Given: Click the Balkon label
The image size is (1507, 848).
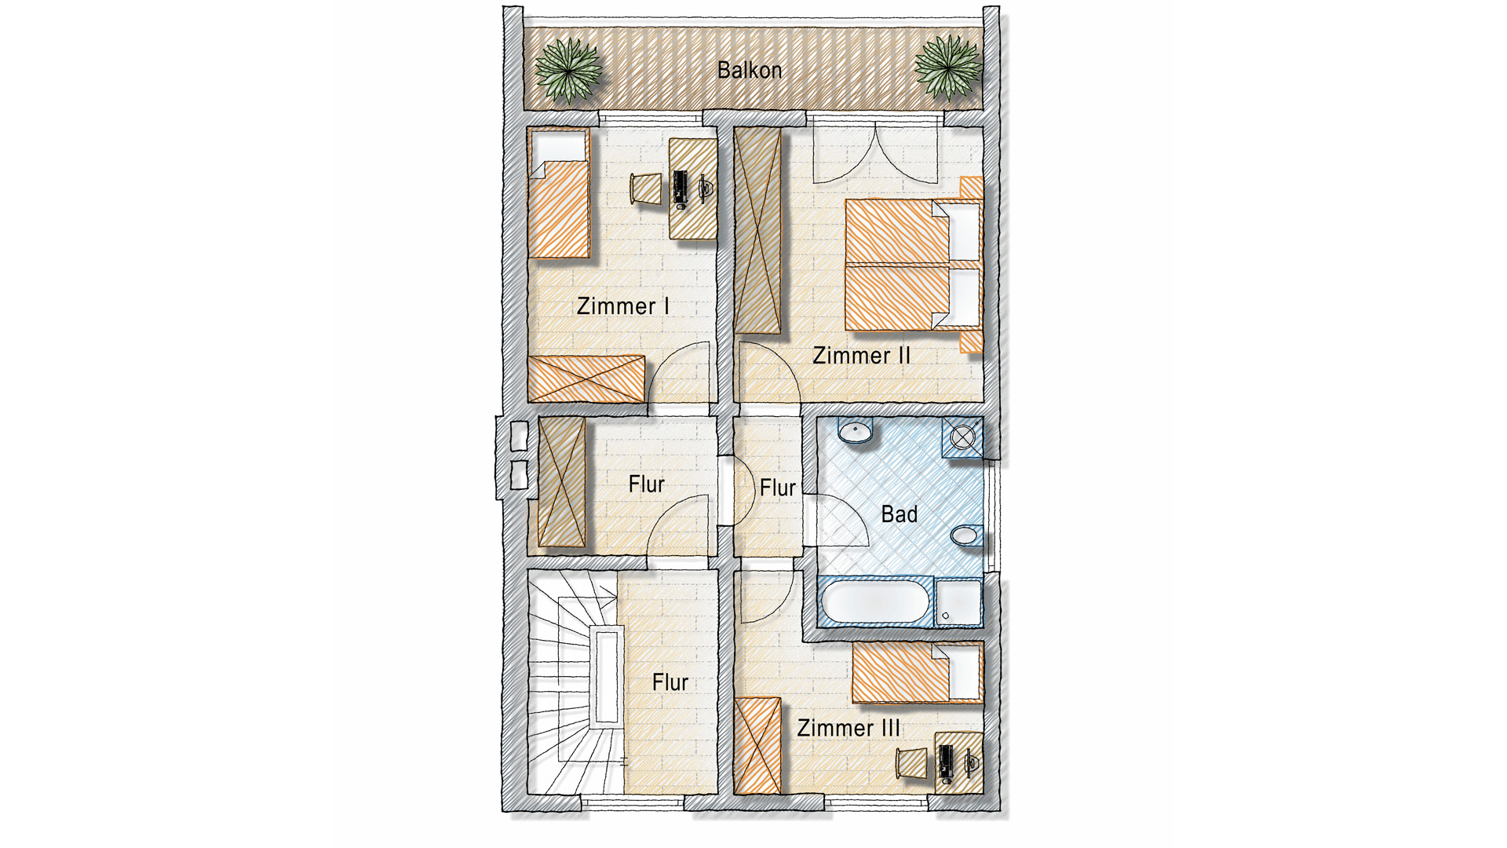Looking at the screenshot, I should [x=750, y=71].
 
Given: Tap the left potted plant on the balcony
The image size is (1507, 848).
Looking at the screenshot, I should [x=568, y=69].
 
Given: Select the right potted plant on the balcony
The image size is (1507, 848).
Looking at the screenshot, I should [x=948, y=68].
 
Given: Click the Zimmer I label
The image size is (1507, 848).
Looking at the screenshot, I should [x=622, y=306].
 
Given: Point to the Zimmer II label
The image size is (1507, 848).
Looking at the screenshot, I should [x=861, y=356].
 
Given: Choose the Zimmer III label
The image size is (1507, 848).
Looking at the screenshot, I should [x=848, y=728].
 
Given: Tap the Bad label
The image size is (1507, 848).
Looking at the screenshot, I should [x=899, y=514].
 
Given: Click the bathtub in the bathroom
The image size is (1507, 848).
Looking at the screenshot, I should [x=875, y=602].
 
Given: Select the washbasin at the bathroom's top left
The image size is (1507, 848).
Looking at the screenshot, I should [x=855, y=432].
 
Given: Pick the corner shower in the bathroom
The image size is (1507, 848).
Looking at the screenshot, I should [x=962, y=437].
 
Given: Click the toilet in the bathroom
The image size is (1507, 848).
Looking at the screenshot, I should [x=965, y=535].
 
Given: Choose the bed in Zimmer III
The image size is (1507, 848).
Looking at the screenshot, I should [x=917, y=673].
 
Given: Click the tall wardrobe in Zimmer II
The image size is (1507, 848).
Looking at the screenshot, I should [x=757, y=231].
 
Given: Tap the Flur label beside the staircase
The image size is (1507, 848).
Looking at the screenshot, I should [x=670, y=682].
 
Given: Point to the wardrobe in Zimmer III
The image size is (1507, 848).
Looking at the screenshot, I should [x=757, y=746].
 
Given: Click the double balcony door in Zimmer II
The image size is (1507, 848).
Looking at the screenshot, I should [x=876, y=153].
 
